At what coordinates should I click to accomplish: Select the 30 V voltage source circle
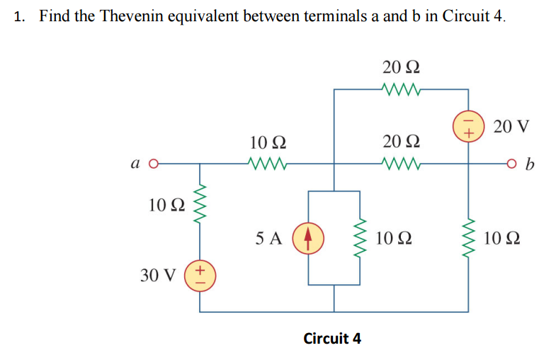tap(199, 272)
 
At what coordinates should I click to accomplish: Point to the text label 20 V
tap(511, 127)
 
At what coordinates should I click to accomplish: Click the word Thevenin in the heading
tap(129, 16)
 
